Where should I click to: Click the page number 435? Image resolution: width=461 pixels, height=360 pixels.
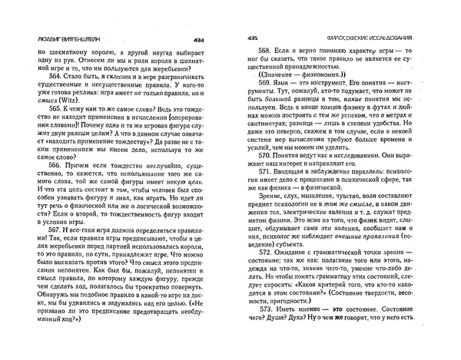pyautogui.click(x=252, y=39)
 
